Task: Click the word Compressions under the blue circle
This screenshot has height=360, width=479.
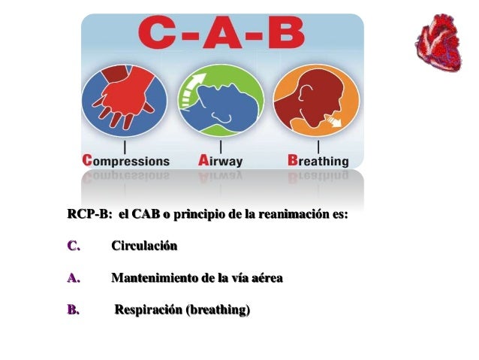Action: (x=125, y=161)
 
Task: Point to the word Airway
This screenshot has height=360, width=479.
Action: (x=222, y=161)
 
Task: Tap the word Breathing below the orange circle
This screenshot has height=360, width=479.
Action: (x=318, y=161)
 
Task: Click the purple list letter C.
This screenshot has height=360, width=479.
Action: (x=73, y=246)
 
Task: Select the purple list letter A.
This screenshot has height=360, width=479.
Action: (x=72, y=278)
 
